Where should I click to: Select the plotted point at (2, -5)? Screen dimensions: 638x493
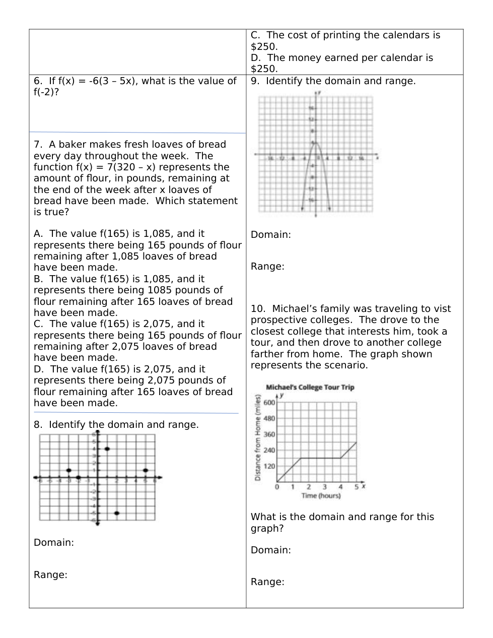coord(116,513)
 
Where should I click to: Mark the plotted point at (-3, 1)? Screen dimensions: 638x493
coord(69,470)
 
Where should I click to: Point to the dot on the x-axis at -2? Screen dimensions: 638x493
coord(78,477)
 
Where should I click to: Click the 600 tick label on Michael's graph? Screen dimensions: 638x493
coord(269,402)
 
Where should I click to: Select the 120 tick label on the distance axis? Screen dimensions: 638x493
coord(269,466)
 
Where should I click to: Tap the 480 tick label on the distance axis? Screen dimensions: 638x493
coord(269,418)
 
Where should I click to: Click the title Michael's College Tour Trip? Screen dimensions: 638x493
coord(310,387)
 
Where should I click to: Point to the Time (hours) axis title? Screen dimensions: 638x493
coord(321,496)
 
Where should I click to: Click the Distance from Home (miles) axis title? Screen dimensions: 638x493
coord(258,438)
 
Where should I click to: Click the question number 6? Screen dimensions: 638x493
coord(38,81)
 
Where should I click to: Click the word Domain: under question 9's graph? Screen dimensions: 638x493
coord(270,235)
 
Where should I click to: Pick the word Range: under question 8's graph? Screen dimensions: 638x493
coord(50,575)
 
